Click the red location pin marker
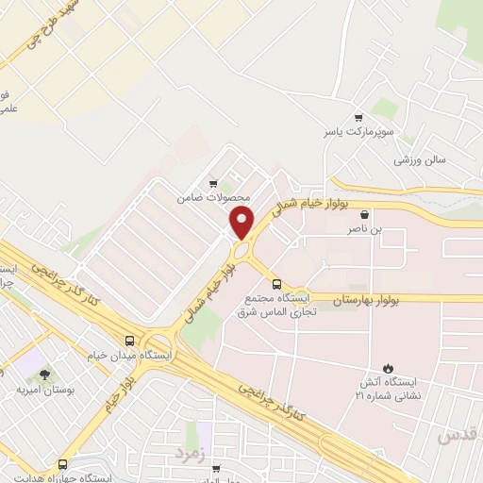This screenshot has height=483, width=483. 242,223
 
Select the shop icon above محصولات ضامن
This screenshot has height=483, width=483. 213,184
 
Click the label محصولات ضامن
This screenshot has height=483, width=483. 214,198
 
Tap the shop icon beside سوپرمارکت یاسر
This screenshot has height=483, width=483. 358,114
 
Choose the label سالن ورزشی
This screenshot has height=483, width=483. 420,159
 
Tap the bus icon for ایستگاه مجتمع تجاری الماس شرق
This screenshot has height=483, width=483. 276,284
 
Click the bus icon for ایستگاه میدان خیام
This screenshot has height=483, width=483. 129,341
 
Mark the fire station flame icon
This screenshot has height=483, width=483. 386,367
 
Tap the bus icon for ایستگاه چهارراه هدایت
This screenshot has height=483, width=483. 62,464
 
